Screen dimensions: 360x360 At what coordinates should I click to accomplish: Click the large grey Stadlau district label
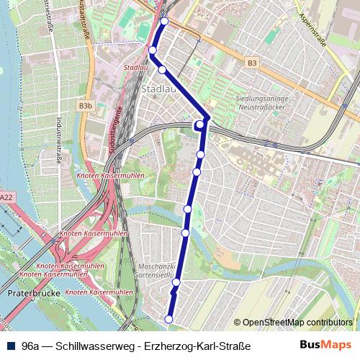pyautogui.click(x=158, y=89)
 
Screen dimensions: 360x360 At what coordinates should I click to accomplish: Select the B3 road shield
pyautogui.click(x=251, y=63)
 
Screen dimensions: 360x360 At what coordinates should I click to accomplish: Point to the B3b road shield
pyautogui.click(x=86, y=106)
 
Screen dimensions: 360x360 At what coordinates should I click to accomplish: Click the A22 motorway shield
pyautogui.click(x=6, y=197)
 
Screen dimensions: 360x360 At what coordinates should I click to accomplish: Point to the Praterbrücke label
pyautogui.click(x=27, y=294)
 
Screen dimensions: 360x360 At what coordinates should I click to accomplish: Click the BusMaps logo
pyautogui.click(x=326, y=345)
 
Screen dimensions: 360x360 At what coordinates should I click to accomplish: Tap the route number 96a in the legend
pyautogui.click(x=30, y=346)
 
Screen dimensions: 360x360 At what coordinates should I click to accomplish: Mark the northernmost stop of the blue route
pyautogui.click(x=164, y=22)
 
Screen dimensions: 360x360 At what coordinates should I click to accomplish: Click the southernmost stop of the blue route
pyautogui.click(x=169, y=319)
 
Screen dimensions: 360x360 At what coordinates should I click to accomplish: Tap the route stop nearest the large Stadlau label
pyautogui.click(x=162, y=69)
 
